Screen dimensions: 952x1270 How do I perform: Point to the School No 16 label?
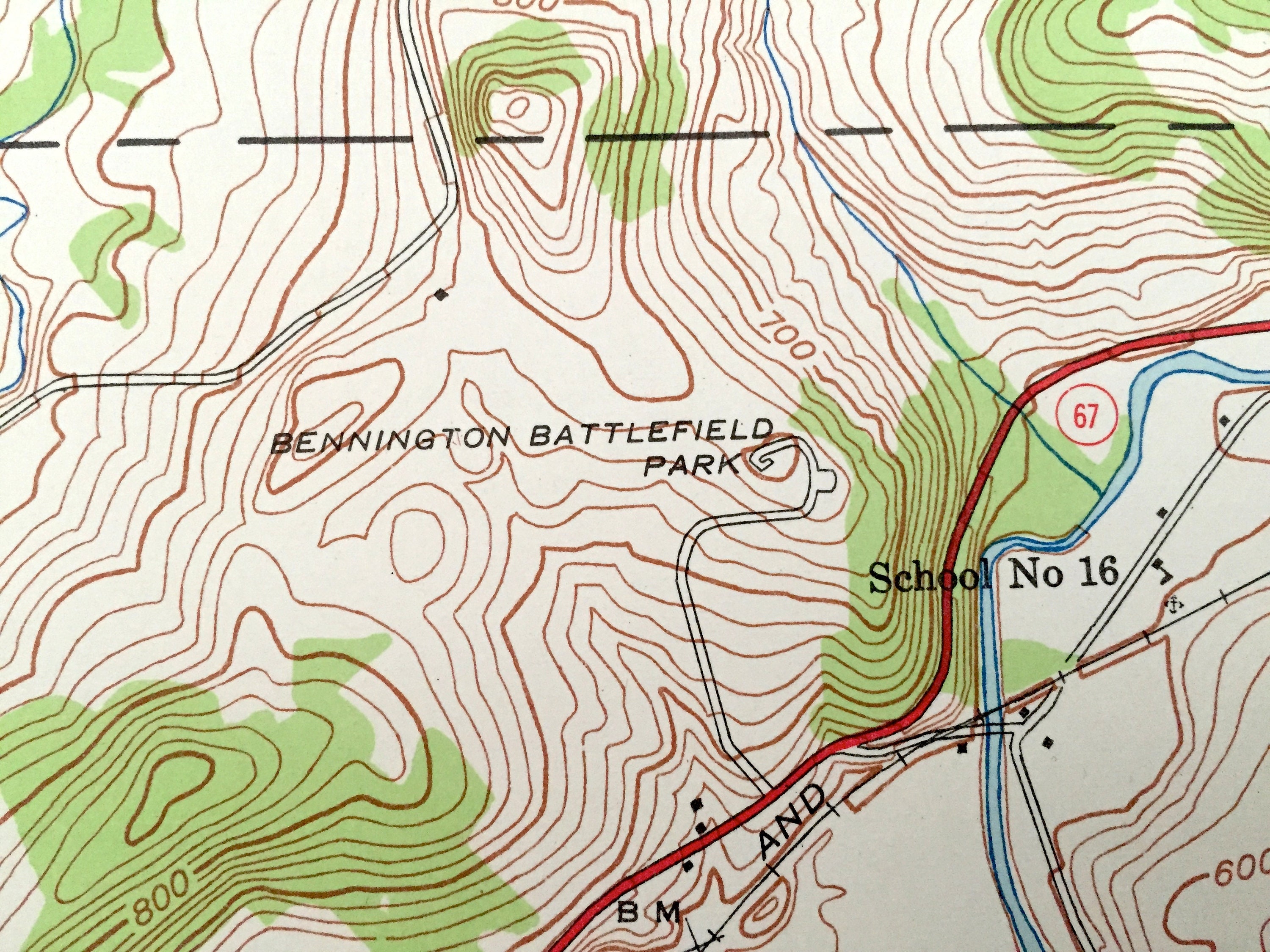pyautogui.click(x=993, y=573)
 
